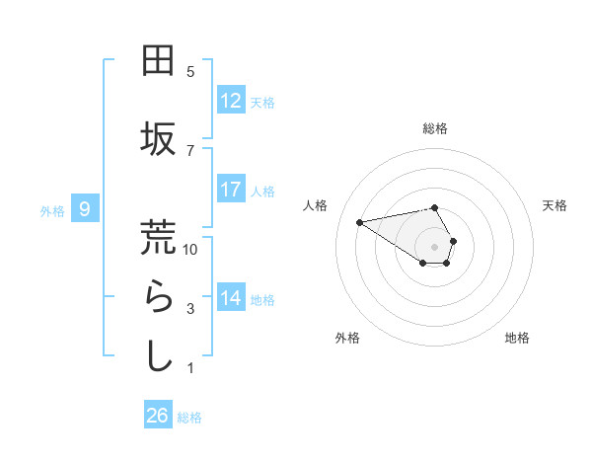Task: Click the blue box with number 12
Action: click(231, 101)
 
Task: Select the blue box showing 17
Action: click(231, 190)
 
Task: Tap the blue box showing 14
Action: click(231, 298)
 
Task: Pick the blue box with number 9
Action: click(86, 208)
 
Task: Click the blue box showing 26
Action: click(158, 416)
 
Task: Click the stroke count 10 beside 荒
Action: click(190, 250)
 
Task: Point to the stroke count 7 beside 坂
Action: click(190, 150)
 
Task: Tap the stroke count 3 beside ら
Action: click(190, 309)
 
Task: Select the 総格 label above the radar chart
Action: click(435, 128)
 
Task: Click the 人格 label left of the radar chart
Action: click(316, 205)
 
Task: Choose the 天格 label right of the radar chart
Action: click(555, 205)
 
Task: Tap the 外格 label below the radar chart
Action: click(347, 339)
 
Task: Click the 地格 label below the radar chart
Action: click(517, 339)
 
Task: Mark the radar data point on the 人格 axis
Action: click(359, 221)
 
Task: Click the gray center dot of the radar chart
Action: click(435, 246)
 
